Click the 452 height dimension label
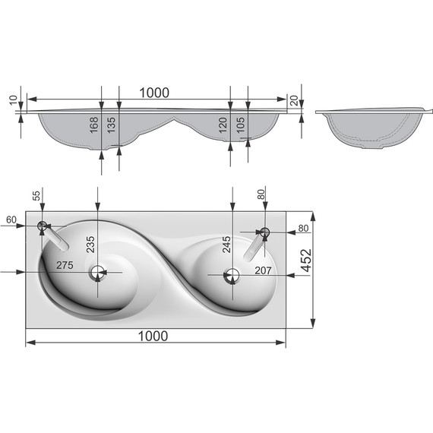click(x=306, y=261)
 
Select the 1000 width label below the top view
click(x=153, y=337)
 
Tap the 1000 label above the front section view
click(x=154, y=93)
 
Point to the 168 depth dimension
click(x=94, y=125)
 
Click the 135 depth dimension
click(x=111, y=125)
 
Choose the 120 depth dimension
click(x=223, y=125)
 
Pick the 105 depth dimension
click(x=240, y=125)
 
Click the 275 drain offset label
click(x=65, y=265)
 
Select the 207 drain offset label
click(x=263, y=270)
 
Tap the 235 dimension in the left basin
click(x=90, y=245)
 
